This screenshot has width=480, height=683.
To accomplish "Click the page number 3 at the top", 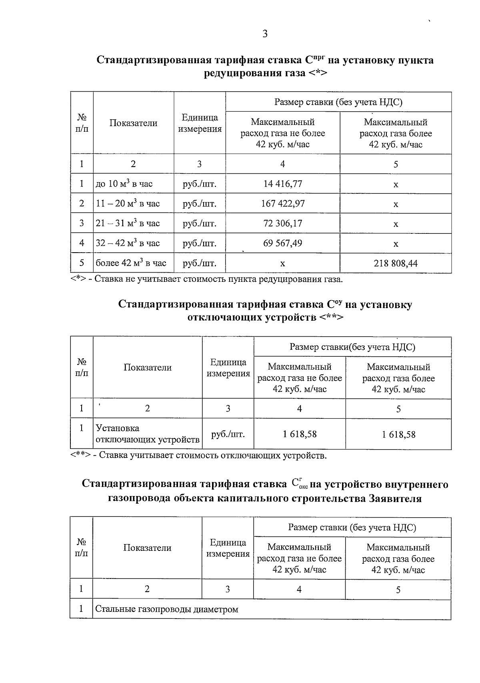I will coord(264,34).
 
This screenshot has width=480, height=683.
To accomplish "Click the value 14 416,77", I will coord(282,184).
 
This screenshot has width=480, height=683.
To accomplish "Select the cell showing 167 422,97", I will coord(282,203).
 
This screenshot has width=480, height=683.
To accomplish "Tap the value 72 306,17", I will coord(282,223).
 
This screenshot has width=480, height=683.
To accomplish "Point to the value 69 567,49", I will coord(282,243).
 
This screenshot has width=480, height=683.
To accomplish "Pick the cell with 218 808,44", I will coord(396,263).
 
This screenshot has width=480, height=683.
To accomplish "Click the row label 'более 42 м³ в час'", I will coord(131,263).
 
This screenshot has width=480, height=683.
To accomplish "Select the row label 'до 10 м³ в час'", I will coord(124,184).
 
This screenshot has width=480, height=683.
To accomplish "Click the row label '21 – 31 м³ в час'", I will coord(128,223).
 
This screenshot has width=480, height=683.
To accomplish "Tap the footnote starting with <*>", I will coord(206,279).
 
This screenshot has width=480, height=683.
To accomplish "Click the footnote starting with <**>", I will coord(198,455).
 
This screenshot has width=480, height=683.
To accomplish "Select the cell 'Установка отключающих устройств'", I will coord(147,434).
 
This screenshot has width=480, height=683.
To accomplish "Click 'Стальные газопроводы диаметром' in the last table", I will coord(166,609).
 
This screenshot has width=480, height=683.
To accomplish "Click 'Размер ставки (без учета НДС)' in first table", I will coord(338,102).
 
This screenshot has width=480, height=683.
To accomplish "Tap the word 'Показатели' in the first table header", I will coord(133,123).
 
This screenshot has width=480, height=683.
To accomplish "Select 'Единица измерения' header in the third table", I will coord(228,548).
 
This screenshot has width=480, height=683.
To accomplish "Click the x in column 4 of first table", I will coord(282,263).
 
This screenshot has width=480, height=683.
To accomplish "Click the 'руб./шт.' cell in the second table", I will coord(228,434).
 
